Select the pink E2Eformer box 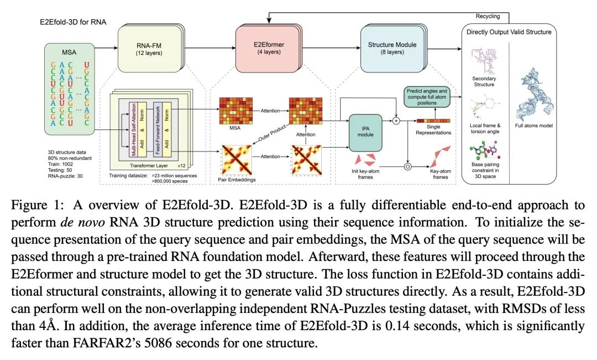tap(269, 48)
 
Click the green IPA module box tap(365, 132)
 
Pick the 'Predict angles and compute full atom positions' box tap(427, 97)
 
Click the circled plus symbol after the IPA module tap(396, 121)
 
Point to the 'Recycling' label tap(488, 17)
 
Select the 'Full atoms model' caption tap(534, 126)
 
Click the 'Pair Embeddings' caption tap(237, 179)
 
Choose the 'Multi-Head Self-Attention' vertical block tap(133, 129)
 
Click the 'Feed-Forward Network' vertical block tap(157, 129)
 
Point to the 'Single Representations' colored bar tap(433, 121)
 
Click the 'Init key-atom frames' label tap(365, 174)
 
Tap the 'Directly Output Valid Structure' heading tap(509, 32)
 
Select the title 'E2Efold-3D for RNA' tap(73, 22)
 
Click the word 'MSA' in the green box tap(69, 52)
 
